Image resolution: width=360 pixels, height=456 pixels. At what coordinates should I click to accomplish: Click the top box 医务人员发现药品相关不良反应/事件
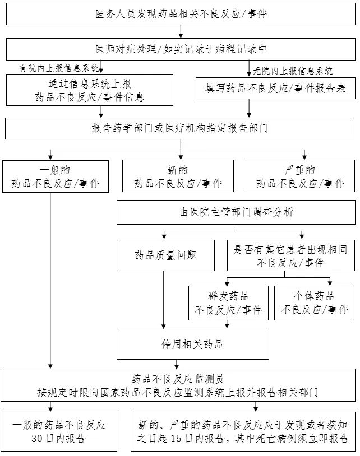coord(180,14)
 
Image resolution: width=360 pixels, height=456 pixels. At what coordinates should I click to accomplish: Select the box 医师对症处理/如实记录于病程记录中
coord(180,49)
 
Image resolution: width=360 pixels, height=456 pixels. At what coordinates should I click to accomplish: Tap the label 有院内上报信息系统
coord(59,68)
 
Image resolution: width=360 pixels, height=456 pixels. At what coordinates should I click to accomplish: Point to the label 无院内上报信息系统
coord(293,71)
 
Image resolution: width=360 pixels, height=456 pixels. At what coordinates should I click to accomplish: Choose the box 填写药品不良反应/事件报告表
coord(275,88)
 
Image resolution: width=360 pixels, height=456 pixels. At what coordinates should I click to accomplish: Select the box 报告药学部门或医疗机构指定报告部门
coord(180,128)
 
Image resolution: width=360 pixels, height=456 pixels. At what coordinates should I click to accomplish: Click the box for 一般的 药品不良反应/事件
coord(55,176)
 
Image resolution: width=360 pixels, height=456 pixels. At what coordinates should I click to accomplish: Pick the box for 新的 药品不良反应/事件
coord(178,176)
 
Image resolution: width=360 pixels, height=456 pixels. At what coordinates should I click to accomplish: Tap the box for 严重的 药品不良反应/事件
coord(300,176)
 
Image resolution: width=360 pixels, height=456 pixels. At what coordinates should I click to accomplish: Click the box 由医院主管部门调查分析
coord(236,212)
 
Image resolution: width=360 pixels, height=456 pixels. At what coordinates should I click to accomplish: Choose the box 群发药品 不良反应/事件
coord(228,303)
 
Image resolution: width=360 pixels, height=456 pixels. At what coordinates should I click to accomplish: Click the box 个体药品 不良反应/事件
coord(314,303)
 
